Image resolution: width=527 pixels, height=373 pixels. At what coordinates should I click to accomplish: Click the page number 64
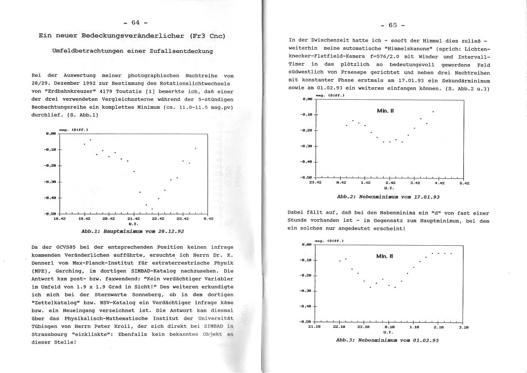136,23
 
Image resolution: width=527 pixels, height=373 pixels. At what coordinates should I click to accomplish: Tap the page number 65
392,25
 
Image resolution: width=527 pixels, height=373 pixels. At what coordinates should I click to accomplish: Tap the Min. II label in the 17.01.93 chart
385,110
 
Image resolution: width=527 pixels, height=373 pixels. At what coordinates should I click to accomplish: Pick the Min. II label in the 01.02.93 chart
385,256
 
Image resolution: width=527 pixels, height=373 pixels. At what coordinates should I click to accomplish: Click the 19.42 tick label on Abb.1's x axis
84,219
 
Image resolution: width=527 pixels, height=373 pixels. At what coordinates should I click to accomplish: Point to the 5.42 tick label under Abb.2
464,183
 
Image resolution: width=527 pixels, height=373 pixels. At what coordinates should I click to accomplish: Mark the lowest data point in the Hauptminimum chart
152,209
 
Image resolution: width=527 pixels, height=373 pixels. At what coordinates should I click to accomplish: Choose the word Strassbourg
51,334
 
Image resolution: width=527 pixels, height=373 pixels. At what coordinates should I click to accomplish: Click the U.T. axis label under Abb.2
390,187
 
